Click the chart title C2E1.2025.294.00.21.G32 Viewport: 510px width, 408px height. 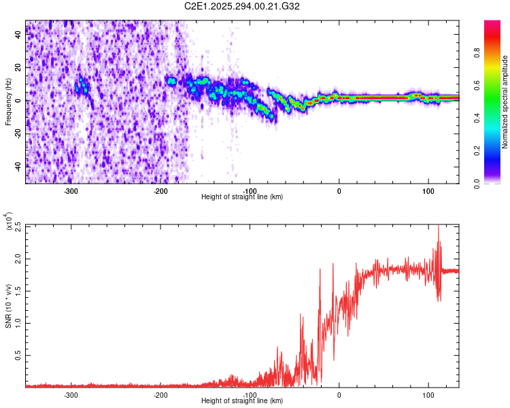pyautogui.click(x=243, y=7)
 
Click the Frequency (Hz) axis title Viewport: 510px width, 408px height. pyautogui.click(x=9, y=102)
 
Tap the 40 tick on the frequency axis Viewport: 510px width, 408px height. pyautogui.click(x=18, y=35)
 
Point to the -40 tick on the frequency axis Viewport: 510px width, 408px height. pyautogui.click(x=18, y=165)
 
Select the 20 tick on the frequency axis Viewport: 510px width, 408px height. pyautogui.click(x=18, y=68)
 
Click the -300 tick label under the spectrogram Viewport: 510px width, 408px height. pyautogui.click(x=71, y=190)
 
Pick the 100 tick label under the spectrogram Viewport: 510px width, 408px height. pyautogui.click(x=428, y=190)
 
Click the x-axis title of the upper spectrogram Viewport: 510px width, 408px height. pyautogui.click(x=243, y=197)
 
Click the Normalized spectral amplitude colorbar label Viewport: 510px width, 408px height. pyautogui.click(x=505, y=102)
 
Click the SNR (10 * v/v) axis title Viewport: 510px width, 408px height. pyautogui.click(x=9, y=305)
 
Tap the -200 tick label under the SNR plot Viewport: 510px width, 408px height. pyautogui.click(x=160, y=394)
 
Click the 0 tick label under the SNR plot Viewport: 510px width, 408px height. pyautogui.click(x=339, y=394)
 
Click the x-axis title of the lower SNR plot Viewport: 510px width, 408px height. pyautogui.click(x=243, y=401)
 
